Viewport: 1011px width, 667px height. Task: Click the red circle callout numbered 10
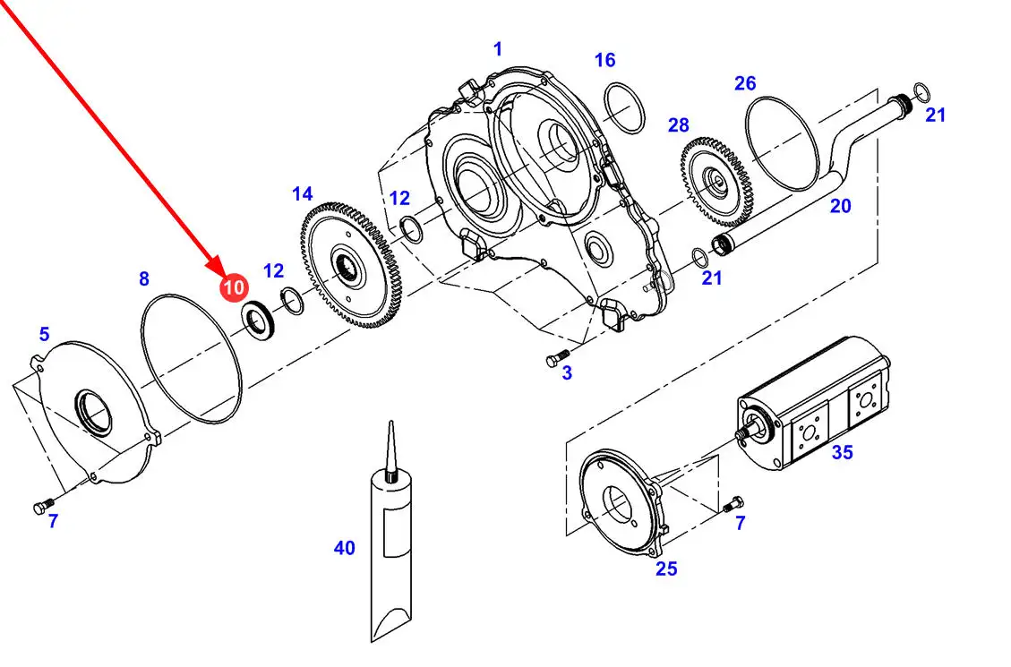click(234, 286)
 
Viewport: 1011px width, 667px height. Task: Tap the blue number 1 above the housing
click(497, 49)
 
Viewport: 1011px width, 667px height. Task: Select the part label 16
click(604, 60)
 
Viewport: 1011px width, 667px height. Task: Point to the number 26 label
click(745, 83)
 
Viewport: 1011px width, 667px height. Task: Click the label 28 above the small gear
click(678, 125)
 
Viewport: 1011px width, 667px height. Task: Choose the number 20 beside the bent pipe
click(840, 206)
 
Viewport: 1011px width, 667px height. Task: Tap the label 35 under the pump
click(842, 452)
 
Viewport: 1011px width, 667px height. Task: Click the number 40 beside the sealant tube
click(344, 548)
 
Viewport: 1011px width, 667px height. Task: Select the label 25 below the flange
click(667, 569)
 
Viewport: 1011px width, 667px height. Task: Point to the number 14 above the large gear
click(303, 194)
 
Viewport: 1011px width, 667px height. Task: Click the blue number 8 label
click(144, 279)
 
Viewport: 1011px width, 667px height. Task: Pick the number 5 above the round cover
click(44, 334)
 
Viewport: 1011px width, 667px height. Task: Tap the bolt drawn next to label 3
click(558, 357)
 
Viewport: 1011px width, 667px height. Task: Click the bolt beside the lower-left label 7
click(44, 506)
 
